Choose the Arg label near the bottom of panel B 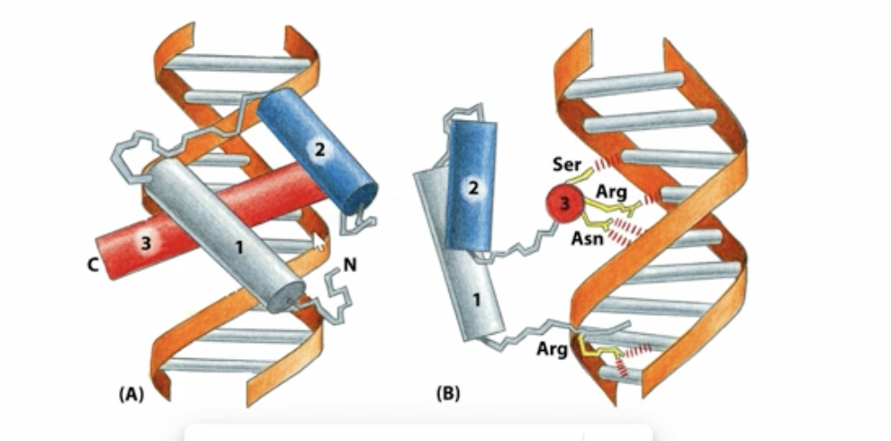coord(551,348)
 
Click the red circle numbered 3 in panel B coord(563,205)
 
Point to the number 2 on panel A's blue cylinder coord(318,149)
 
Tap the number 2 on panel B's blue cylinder coord(472,188)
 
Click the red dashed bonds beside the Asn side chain coord(618,234)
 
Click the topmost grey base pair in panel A coord(230,64)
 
